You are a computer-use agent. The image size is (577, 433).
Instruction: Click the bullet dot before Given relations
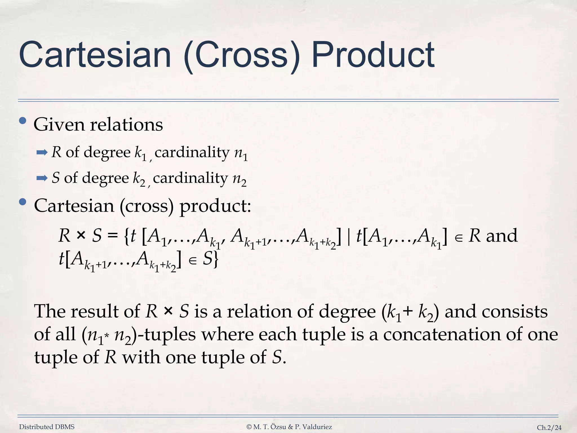[x=23, y=121]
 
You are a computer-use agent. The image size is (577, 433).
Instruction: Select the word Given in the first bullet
[x=59, y=125]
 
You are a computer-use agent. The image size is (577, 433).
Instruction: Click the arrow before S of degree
[x=42, y=178]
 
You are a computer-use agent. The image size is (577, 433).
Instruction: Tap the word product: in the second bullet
[x=215, y=206]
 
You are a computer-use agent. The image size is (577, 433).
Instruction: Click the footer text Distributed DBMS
[x=47, y=427]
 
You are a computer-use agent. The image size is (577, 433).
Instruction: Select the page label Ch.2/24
[x=549, y=428]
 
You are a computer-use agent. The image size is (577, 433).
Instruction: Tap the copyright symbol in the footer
[x=249, y=427]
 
